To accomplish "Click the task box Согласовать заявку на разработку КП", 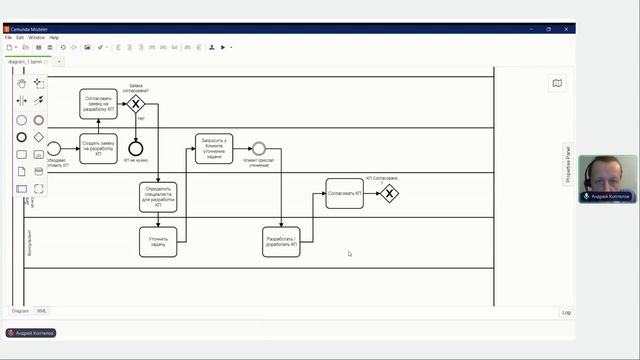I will pos(98,103).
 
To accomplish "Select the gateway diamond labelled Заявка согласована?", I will pos(136,104).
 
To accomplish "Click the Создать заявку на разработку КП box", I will pos(98,149).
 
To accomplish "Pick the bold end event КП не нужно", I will pos(136,149).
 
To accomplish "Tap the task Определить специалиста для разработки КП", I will pos(158,196).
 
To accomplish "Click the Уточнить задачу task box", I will pos(158,241).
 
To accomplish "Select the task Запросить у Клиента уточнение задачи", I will pos(214,149).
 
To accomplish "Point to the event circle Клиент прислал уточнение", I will pos(259,149).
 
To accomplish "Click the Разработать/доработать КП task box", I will pos(281,241).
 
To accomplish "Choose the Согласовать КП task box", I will pos(344,193).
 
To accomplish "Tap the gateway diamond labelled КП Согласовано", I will pos(389,193).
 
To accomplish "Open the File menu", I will pos(8,37).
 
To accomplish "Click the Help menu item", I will pos(54,37).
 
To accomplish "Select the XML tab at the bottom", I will pos(42,311).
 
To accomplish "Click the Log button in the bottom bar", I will pos(566,312).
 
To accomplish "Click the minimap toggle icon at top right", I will pos(557,84).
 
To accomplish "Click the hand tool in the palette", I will pos(22,83).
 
